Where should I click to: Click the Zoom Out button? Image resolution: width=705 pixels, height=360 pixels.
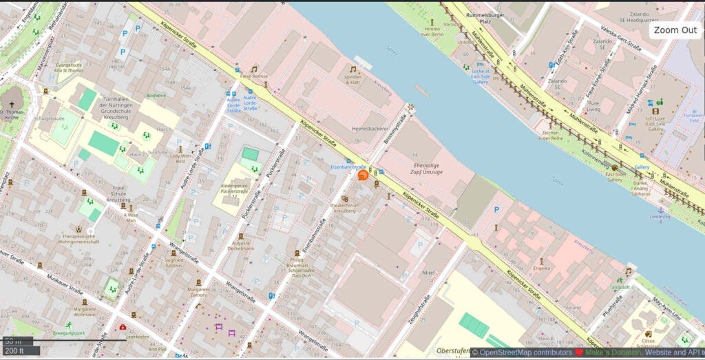click(x=675, y=30)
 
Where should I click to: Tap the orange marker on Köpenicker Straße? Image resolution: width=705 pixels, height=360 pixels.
click(x=362, y=175)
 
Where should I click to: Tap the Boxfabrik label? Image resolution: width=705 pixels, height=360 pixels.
click(x=156, y=96)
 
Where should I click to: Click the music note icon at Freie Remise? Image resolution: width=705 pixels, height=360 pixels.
click(x=254, y=69)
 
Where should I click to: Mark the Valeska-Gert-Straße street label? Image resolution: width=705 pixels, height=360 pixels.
click(x=621, y=39)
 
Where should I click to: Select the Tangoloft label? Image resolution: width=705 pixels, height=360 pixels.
click(x=619, y=287)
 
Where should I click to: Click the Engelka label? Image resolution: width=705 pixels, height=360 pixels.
click(x=542, y=268)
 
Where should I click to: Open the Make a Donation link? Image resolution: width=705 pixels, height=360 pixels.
click(x=613, y=352)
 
